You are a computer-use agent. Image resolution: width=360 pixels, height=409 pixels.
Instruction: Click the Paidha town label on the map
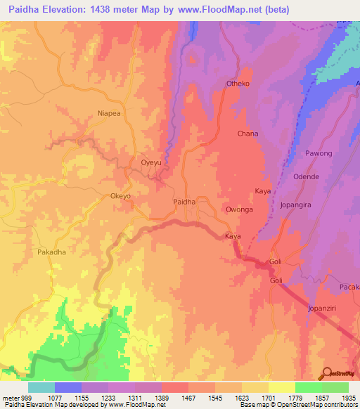(x=184, y=202)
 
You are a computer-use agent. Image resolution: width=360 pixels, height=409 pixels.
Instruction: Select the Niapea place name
(x=109, y=112)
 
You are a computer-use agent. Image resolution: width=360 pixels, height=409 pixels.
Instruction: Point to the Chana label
(x=247, y=134)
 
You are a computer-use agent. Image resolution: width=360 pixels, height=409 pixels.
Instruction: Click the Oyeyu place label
(x=151, y=162)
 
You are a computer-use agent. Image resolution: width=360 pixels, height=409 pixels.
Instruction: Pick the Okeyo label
(x=121, y=196)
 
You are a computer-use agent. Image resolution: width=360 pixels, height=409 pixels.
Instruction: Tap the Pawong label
(x=319, y=153)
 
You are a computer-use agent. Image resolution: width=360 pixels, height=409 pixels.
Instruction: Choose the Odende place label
(x=306, y=176)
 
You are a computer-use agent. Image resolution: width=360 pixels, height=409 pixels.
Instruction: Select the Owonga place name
(x=238, y=209)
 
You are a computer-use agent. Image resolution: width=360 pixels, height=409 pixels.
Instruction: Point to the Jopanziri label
(x=326, y=309)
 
